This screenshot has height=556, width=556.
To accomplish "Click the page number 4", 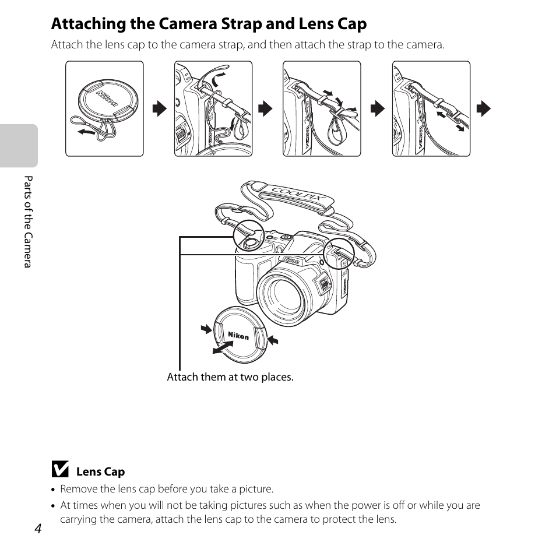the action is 38,528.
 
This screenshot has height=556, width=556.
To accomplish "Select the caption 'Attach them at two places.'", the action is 230,377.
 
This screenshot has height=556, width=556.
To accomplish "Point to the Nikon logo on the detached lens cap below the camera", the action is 238,336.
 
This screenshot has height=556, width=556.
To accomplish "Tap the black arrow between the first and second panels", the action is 159,108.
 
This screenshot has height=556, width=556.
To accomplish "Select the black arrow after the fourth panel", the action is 483,108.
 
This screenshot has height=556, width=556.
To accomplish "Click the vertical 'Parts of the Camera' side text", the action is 27,221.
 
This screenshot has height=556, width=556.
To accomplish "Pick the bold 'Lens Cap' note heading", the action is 100,471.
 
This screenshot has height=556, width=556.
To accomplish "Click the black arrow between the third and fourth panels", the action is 377,108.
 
